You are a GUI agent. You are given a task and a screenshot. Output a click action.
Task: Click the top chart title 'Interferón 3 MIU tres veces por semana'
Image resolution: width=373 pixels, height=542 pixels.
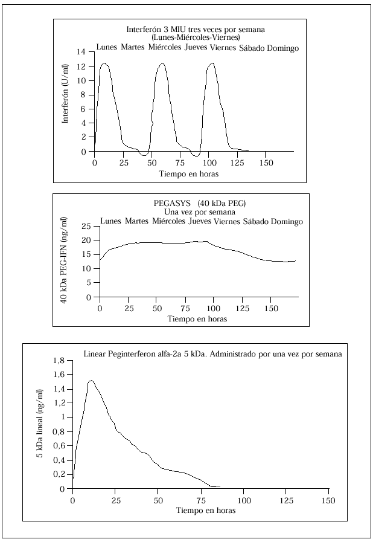[196, 29]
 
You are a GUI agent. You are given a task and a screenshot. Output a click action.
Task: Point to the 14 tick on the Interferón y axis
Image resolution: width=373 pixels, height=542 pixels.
[83, 52]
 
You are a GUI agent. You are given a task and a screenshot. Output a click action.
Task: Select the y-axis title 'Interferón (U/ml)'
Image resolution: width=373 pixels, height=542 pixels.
[65, 101]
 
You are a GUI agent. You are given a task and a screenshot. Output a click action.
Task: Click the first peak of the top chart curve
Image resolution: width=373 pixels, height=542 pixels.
[104, 63]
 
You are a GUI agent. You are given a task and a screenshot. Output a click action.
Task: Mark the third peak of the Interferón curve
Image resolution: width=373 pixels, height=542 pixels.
[211, 63]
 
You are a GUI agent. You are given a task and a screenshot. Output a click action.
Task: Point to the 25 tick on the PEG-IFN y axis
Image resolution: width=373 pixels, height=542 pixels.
[87, 226]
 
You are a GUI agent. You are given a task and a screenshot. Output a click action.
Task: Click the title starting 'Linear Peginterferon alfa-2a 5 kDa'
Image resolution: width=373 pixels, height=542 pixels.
[212, 354]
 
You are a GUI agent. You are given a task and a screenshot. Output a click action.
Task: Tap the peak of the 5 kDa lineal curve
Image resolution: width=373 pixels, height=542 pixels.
[91, 381]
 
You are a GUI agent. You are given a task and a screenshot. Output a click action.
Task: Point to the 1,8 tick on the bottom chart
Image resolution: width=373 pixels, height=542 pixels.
[60, 361]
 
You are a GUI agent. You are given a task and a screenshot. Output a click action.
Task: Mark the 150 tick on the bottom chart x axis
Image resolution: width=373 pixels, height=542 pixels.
[328, 500]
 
